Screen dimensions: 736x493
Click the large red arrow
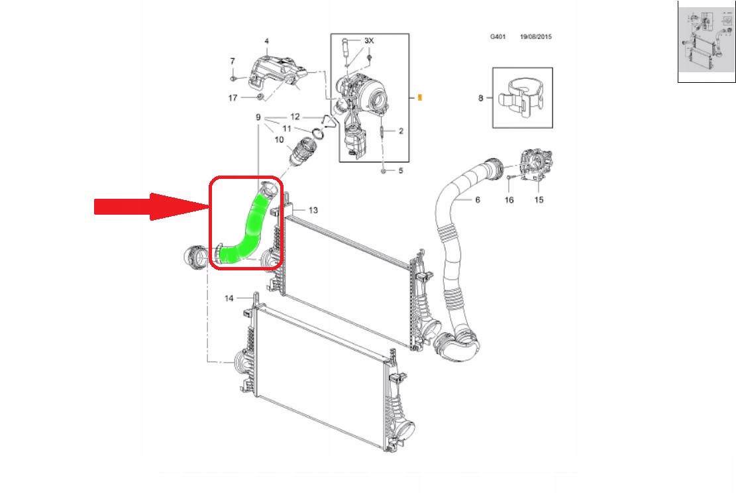point(151,207)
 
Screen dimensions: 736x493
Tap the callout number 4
point(266,41)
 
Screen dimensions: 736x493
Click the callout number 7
point(233,61)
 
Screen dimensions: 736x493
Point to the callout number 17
point(233,97)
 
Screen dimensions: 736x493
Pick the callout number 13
point(313,210)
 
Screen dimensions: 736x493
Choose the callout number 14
point(229,298)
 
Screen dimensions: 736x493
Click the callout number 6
point(478,199)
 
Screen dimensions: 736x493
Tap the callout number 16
point(509,200)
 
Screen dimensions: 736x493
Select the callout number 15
point(539,200)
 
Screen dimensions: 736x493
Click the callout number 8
point(481,98)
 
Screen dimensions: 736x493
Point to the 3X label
point(369,41)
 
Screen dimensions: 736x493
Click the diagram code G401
point(498,36)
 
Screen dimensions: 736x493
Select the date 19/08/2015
point(535,36)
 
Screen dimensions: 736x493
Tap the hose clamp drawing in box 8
point(521,97)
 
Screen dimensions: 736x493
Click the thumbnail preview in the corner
point(706,41)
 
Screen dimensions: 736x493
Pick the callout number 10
point(280,140)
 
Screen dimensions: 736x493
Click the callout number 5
point(400,170)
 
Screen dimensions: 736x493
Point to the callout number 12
point(295,117)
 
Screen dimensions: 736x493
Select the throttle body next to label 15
point(535,165)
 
